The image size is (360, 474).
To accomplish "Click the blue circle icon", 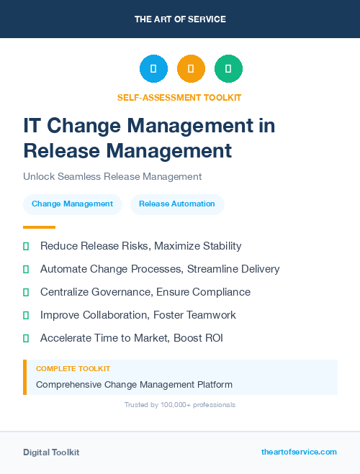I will tap(153, 68).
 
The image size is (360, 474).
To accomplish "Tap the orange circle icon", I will tap(191, 68).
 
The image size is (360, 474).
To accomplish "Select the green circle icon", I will tap(228, 68).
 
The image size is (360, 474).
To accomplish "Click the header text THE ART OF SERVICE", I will tap(180, 19).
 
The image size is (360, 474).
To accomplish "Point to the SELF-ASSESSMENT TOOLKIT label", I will tap(179, 97).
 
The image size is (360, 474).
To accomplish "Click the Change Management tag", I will tap(72, 204).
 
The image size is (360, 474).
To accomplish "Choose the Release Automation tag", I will tap(177, 204).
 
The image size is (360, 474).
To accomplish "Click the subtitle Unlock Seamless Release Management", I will tap(112, 176).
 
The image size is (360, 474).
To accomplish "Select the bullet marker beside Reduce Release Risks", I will tap(26, 246).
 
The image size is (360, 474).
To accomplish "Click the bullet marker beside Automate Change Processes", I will tap(26, 269).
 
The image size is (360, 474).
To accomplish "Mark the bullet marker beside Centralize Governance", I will tap(26, 292).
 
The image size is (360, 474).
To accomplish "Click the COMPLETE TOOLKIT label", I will tap(73, 368).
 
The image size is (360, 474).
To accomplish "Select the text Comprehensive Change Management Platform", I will tap(134, 384).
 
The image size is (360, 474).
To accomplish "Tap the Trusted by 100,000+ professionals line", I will tap(179, 405).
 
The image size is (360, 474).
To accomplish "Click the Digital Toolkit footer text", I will tap(51, 452).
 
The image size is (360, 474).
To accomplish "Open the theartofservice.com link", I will tap(299, 452).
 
